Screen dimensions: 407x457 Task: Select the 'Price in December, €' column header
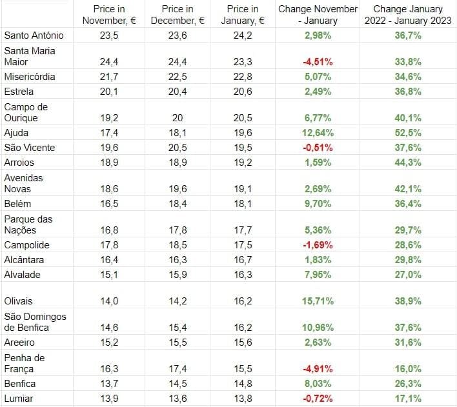(178, 14)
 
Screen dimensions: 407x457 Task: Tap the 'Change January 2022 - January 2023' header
(408, 14)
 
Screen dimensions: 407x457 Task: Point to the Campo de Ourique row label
(26, 112)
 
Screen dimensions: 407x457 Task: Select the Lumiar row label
(19, 399)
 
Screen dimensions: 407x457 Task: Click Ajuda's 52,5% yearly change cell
(408, 133)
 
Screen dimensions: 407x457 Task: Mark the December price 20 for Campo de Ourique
(178, 118)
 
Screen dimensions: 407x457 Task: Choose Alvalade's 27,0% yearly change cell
(408, 275)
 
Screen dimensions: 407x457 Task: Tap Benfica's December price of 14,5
(178, 384)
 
